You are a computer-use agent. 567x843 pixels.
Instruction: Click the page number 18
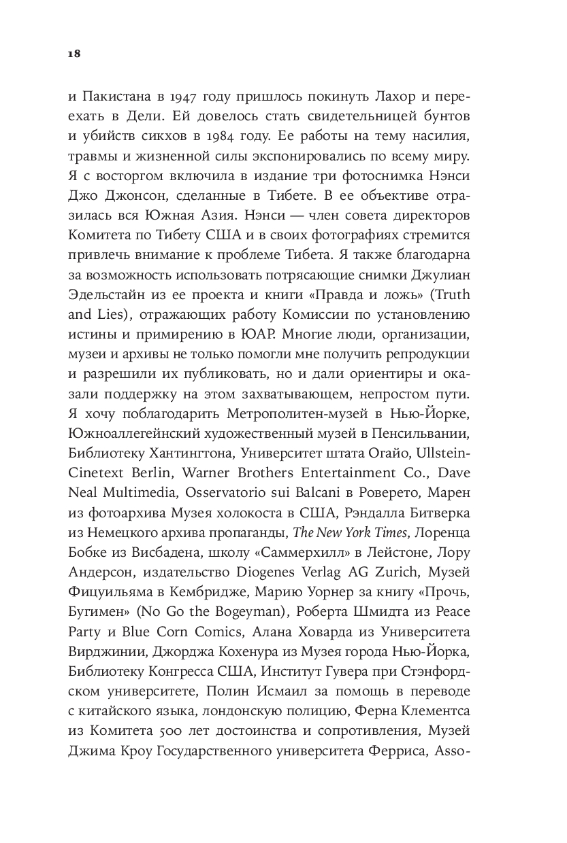pos(74,54)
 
